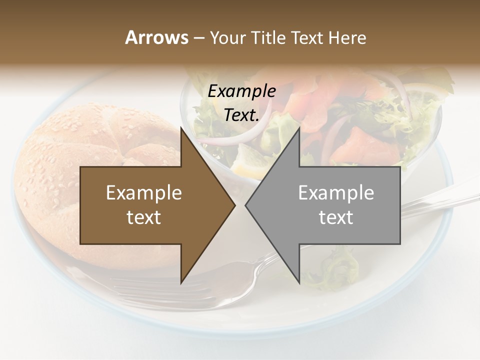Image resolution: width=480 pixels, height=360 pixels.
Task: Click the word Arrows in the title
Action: pyautogui.click(x=156, y=37)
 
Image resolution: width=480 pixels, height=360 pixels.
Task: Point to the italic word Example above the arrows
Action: pyautogui.click(x=241, y=91)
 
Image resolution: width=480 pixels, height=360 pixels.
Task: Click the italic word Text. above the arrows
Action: pyautogui.click(x=241, y=115)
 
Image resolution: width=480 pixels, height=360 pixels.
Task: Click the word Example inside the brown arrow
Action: pyautogui.click(x=144, y=193)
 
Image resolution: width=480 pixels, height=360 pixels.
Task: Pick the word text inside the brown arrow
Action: pyautogui.click(x=144, y=217)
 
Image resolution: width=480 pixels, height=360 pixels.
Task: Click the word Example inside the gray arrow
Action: pyautogui.click(x=336, y=193)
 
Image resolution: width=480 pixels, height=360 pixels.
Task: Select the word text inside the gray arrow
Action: pyautogui.click(x=336, y=217)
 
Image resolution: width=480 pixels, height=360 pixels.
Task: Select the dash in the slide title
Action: pyautogui.click(x=198, y=38)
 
